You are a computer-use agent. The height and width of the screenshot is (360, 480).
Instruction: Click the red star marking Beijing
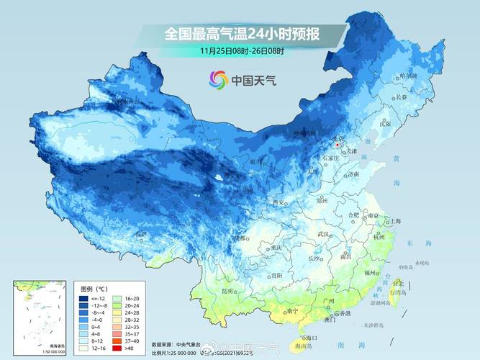[338, 144]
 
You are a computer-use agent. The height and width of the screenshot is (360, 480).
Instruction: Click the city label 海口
[309, 337]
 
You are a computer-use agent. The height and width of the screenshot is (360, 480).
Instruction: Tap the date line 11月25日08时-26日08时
[243, 51]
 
